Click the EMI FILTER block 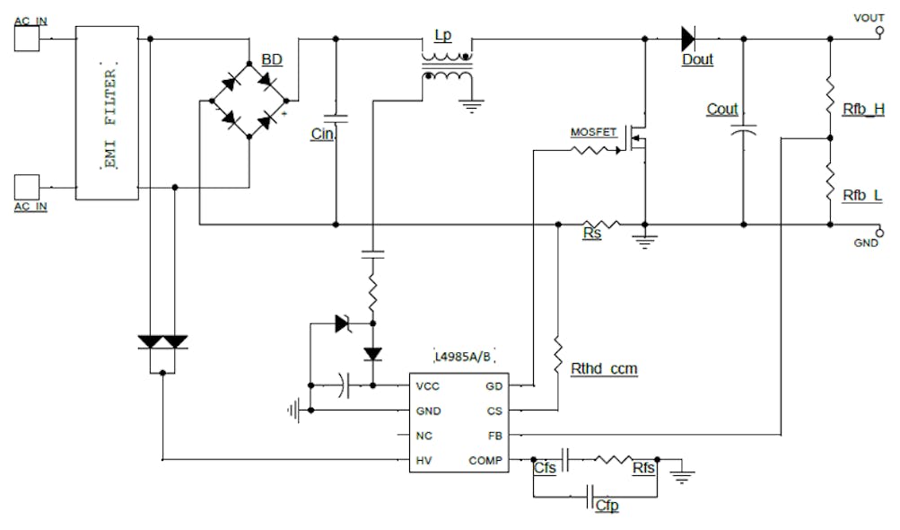pos(107,113)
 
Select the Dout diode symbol pos(688,38)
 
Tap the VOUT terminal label pos(869,17)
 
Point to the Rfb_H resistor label pos(863,110)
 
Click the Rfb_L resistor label pos(862,195)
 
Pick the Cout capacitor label pos(722,110)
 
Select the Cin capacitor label pos(321,135)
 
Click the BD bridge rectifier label pos(271,59)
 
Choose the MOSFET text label pos(594,132)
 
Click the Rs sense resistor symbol pos(600,224)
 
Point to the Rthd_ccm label pos(604,368)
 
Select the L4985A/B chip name pos(461,358)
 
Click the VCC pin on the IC pos(427,386)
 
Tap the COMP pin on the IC pos(485,460)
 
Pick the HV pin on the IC pos(424,460)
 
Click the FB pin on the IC pos(494,435)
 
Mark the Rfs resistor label pos(642,468)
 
